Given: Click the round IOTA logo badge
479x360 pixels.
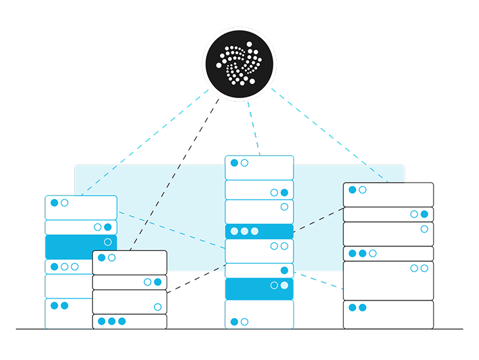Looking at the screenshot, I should pyautogui.click(x=239, y=63).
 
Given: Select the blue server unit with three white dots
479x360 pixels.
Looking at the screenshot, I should pyautogui.click(x=259, y=231).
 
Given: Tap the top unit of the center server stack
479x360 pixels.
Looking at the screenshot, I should pyautogui.click(x=259, y=168).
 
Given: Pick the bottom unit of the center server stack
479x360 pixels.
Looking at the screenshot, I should pyautogui.click(x=259, y=314).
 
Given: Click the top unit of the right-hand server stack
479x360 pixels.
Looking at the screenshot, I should pyautogui.click(x=388, y=194).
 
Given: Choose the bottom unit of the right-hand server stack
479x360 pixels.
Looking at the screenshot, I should pyautogui.click(x=388, y=314).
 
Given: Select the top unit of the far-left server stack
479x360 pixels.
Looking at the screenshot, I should pyautogui.click(x=81, y=207).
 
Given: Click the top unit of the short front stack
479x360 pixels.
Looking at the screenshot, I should pyautogui.click(x=129, y=262).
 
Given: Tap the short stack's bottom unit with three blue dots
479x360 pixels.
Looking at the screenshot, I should pyautogui.click(x=129, y=321).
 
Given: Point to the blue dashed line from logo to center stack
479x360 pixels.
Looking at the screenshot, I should pyautogui.click(x=253, y=129).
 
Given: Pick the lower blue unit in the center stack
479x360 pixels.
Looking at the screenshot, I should pyautogui.click(x=259, y=289).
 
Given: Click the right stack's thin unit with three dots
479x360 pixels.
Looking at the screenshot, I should pyautogui.click(x=388, y=254).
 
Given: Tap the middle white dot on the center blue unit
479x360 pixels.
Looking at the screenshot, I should pyautogui.click(x=244, y=231).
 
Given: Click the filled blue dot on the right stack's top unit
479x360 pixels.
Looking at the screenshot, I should pyautogui.click(x=352, y=190).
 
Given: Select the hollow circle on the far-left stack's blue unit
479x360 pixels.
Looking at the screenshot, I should pyautogui.click(x=108, y=242).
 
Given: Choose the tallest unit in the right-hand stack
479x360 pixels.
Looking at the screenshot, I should pyautogui.click(x=388, y=280).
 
